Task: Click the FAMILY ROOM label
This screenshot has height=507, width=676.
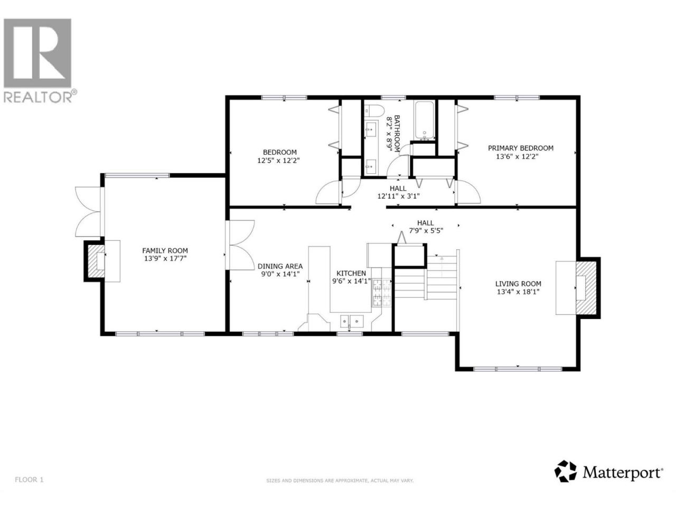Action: click(165, 250)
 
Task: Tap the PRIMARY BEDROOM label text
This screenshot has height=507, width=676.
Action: click(521, 148)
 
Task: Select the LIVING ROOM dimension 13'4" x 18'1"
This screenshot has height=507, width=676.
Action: click(518, 292)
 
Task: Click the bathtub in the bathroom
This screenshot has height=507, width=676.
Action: click(425, 120)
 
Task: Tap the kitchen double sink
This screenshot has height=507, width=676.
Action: click(351, 322)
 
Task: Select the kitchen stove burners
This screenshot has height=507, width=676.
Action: click(382, 289)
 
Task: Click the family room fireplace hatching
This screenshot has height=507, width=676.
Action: click(96, 261)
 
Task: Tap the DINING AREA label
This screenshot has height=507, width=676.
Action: click(280, 266)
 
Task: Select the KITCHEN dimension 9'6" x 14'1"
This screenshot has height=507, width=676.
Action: click(351, 281)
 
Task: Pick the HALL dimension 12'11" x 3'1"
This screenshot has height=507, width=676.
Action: click(398, 196)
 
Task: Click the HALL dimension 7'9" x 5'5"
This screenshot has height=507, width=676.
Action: click(426, 231)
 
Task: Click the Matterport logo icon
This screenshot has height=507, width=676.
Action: click(565, 480)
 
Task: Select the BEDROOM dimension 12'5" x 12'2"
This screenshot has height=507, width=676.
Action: click(278, 161)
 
